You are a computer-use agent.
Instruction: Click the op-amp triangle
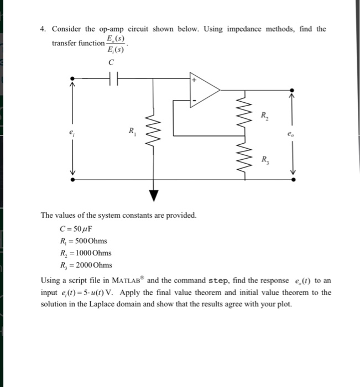(205, 89)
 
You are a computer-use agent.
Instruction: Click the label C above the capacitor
(112, 63)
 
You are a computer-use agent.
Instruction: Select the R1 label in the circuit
(132, 131)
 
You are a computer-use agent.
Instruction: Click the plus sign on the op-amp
(194, 80)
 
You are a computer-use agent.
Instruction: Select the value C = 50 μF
(77, 228)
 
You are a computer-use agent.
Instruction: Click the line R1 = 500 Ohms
(83, 240)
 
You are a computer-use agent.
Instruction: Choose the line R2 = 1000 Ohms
(85, 253)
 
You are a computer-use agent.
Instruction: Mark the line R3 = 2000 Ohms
(85, 265)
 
